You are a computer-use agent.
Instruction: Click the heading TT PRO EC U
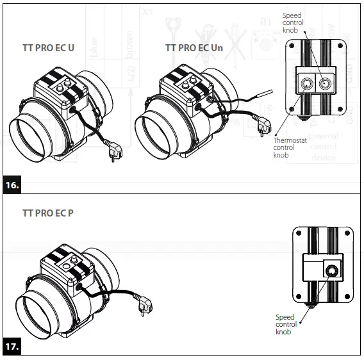click(48, 47)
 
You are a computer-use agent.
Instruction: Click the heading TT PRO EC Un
click(193, 47)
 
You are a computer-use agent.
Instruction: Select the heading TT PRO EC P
click(47, 212)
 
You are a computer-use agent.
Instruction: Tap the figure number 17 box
click(12, 348)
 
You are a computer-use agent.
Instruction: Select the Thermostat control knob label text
click(284, 147)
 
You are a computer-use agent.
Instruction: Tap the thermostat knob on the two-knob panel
click(305, 83)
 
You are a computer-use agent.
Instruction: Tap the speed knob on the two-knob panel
click(326, 83)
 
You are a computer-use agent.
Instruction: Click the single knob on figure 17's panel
click(330, 271)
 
